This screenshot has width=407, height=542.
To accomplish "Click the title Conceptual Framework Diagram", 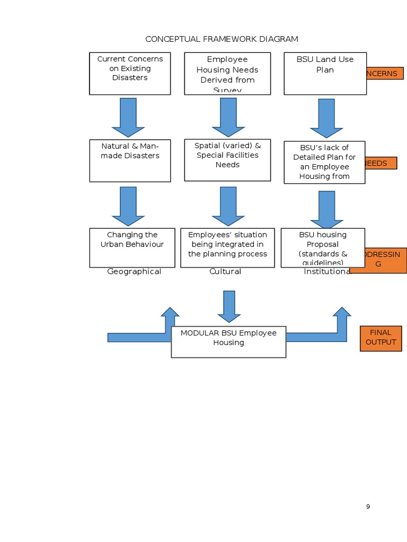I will coord(222,39).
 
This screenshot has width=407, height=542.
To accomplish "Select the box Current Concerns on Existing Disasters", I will coord(130,73).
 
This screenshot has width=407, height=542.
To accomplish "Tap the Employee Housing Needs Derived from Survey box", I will coord(227,74).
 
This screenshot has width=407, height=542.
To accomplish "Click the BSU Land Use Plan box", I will coord(325,74).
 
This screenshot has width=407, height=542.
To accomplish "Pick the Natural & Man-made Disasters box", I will coord(130,160).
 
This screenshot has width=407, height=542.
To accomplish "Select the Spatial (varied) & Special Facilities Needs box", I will coord(227,160).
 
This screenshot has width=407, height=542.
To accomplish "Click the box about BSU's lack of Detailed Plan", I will coord(324,162).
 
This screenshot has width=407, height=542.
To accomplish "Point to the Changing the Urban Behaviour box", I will coord(132,248).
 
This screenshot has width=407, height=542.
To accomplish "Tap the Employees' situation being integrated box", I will coord(227,248).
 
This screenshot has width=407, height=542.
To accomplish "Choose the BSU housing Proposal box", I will coord(323,248).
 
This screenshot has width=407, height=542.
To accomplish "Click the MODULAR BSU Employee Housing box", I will coord(228,341).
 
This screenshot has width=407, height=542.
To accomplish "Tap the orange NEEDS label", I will coord(381,163).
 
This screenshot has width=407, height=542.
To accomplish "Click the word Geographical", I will coord(134,272).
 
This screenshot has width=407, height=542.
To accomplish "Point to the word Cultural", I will coord(225,272).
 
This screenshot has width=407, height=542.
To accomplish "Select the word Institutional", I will coord(327,272).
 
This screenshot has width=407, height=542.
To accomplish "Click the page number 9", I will coord(368,507).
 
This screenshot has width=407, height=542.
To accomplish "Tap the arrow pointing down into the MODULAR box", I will coord(229,306).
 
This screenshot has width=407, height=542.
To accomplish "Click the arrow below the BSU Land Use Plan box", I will coord(326,118).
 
